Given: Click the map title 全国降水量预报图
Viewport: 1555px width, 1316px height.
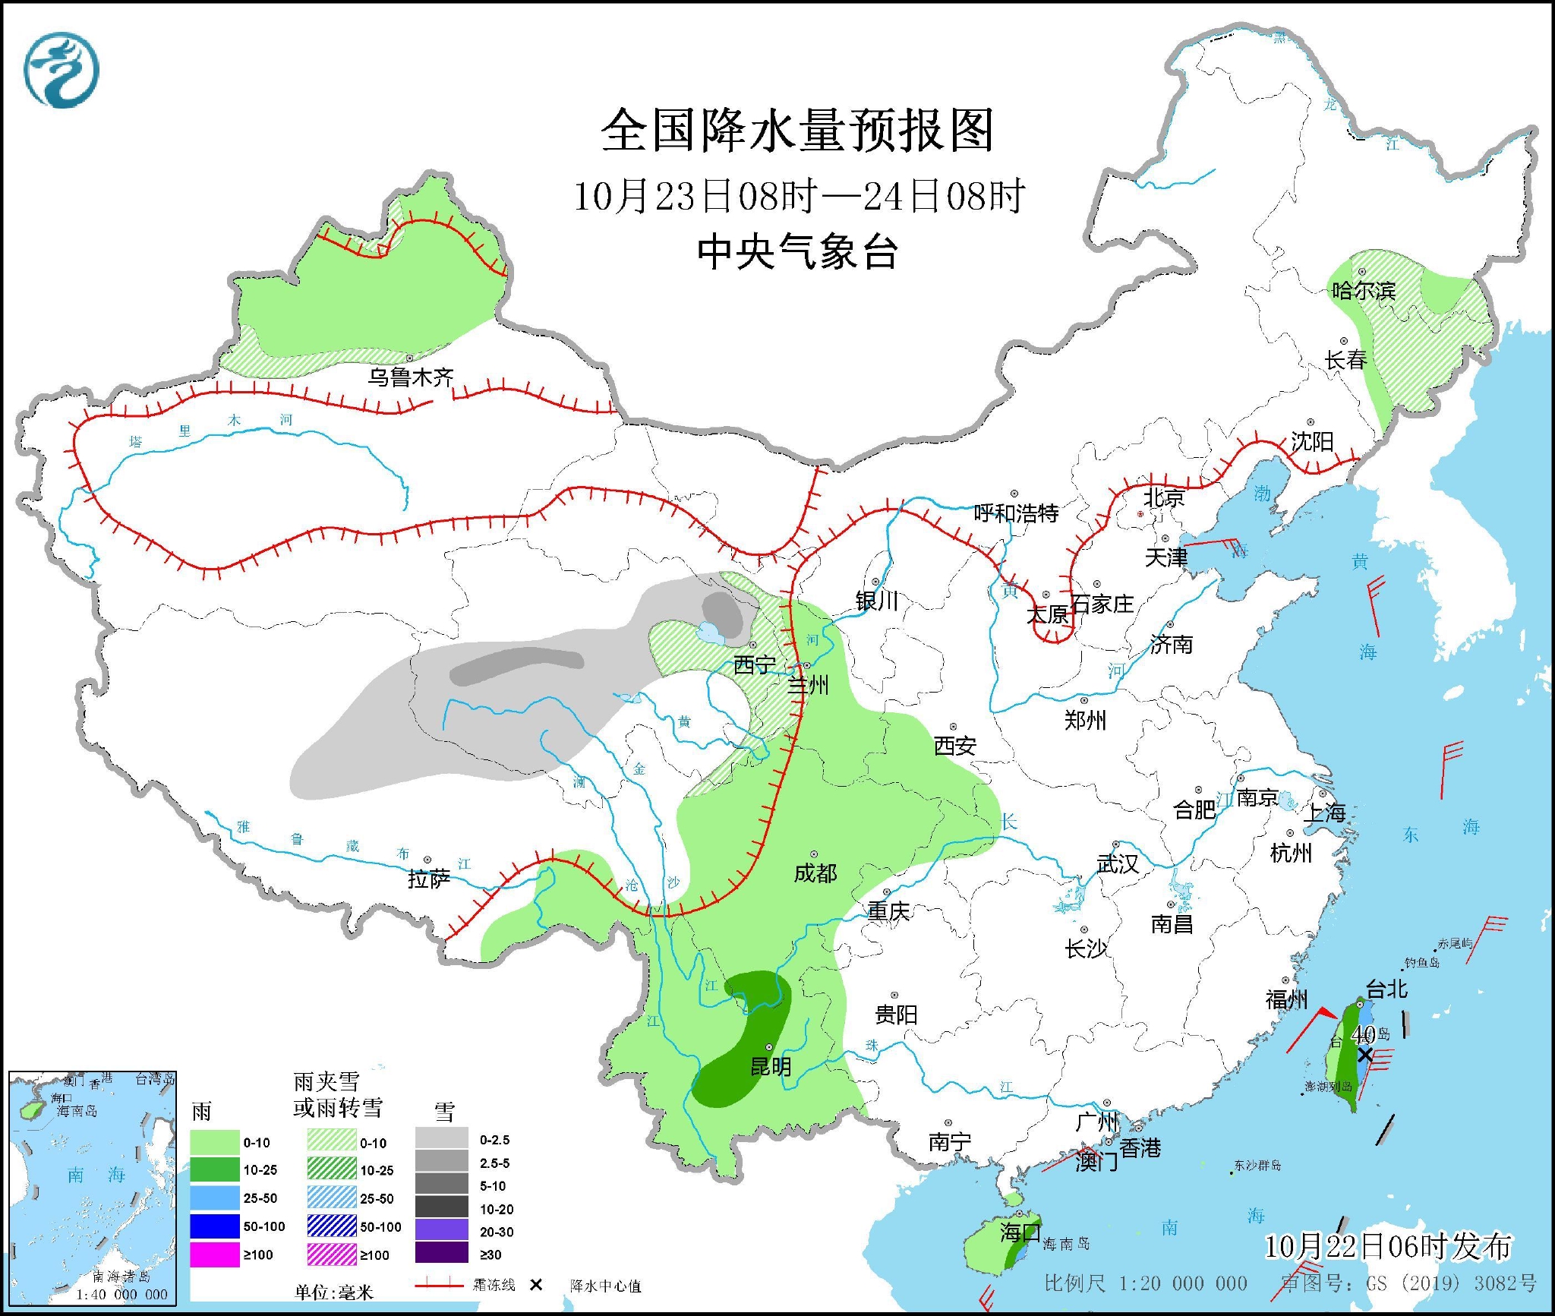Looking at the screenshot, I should (797, 131).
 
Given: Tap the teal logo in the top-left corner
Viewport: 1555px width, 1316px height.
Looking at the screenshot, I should (62, 70).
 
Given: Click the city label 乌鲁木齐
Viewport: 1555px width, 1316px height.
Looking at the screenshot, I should (411, 377).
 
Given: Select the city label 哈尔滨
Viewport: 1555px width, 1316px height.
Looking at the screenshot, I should (1364, 291).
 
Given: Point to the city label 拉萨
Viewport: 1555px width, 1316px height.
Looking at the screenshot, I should (429, 879).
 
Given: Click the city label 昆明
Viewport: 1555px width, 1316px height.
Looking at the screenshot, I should (771, 1067).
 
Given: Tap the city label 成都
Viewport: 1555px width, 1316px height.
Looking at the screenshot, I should (815, 873).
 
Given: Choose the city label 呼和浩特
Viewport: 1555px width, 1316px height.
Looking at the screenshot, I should (1016, 513).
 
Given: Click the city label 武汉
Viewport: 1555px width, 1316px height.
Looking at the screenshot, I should (1118, 863).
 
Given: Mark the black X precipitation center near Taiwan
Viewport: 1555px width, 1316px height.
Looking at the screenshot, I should (1364, 1055).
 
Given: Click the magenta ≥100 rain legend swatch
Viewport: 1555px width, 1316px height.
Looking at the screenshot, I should (214, 1254).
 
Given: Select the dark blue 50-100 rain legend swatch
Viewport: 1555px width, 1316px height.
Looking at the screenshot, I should (214, 1226).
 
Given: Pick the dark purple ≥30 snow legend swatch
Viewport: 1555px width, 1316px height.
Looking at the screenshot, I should (442, 1254).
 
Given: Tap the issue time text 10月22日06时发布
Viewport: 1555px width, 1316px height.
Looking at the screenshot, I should (1388, 1246).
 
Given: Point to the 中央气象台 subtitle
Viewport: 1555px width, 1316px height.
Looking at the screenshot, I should (797, 252).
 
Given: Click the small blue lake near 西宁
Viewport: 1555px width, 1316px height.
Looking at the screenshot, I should (711, 632).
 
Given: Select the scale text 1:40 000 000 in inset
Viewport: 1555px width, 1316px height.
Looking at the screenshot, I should (121, 1295).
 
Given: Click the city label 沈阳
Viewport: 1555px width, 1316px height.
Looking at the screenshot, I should (1312, 442).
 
